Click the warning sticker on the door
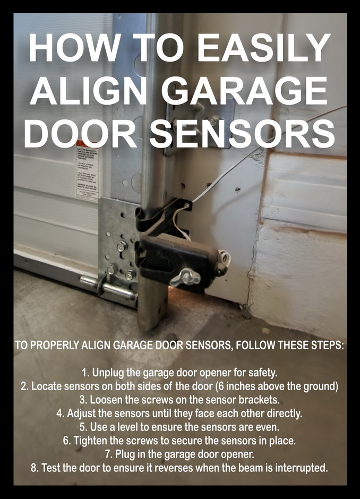pyautogui.click(x=86, y=173)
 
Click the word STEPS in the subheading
pyautogui.click(x=322, y=345)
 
